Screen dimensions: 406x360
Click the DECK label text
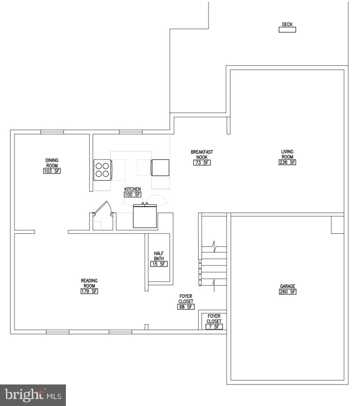(x=287, y=24)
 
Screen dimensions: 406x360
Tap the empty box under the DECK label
(x=287, y=30)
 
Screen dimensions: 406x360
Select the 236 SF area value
(x=287, y=162)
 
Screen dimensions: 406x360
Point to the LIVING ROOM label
(x=287, y=154)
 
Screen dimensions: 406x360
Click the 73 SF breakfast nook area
(x=202, y=163)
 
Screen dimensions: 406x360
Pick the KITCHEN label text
(x=132, y=189)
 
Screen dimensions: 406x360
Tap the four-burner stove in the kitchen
(x=102, y=170)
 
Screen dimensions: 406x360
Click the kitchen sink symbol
(x=145, y=216)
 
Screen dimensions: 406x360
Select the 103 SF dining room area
(x=52, y=171)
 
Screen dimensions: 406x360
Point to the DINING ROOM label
(x=52, y=163)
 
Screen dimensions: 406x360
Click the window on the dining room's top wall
(x=52, y=132)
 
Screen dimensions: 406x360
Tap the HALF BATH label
(x=159, y=256)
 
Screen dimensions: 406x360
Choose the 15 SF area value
(x=159, y=264)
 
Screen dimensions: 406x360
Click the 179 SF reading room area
(x=89, y=291)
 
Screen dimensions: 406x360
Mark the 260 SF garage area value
(x=287, y=292)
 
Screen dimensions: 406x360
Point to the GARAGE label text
(x=287, y=286)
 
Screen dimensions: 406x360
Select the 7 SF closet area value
(x=214, y=327)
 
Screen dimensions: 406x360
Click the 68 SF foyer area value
(x=185, y=307)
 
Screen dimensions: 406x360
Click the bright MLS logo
(x=33, y=395)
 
